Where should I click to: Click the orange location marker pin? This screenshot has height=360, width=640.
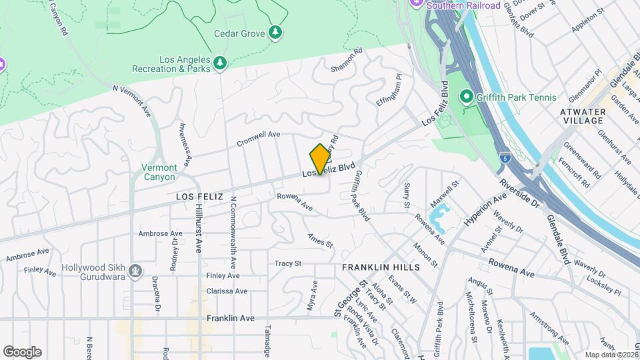(320, 159)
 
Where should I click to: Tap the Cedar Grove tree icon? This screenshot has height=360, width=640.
(275, 33)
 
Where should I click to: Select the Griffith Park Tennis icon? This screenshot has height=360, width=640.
(467, 97)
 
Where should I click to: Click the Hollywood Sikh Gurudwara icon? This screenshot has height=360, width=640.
(135, 271)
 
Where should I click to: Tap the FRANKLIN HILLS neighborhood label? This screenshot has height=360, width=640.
(381, 267)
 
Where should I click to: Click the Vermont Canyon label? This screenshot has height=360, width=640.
(160, 172)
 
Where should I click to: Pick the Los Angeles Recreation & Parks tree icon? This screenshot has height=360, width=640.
(221, 63)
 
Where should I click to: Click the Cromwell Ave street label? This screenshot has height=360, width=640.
(259, 139)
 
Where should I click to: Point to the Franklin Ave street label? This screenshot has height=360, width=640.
(231, 319)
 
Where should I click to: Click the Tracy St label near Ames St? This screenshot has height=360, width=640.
(288, 263)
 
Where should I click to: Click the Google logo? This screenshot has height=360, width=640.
(22, 352)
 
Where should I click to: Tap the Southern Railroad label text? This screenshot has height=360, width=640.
(463, 5)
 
